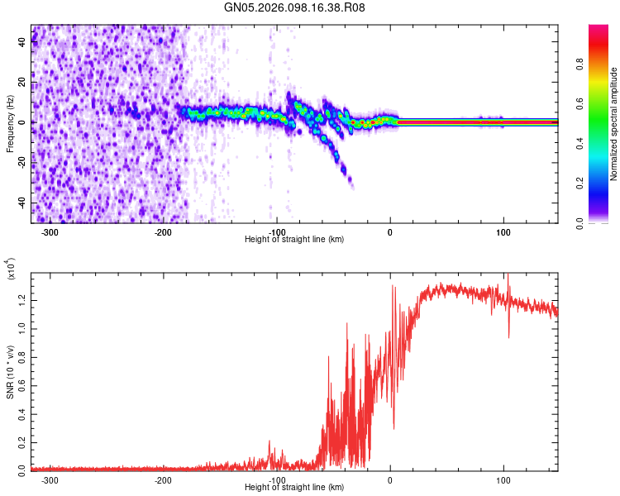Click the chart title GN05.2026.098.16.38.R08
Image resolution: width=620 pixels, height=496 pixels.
(294, 7)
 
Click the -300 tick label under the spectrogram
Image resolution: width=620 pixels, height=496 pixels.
(50, 232)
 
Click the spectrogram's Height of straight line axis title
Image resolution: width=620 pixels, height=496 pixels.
(294, 240)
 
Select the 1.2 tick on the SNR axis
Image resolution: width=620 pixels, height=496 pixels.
(21, 293)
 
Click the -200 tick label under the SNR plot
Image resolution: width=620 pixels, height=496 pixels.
(163, 479)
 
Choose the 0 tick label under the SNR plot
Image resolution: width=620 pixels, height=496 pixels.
(390, 479)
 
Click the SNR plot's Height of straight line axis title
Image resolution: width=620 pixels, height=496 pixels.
(294, 488)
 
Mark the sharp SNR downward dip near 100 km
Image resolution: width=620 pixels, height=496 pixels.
(509, 335)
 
